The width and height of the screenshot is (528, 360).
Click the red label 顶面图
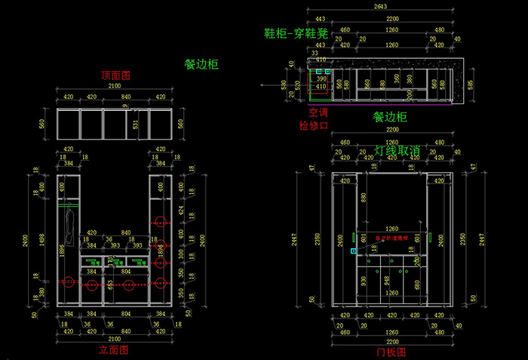pos(117,76)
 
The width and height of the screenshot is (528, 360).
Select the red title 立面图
pos(113,350)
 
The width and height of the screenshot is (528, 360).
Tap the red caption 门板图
pos(391,351)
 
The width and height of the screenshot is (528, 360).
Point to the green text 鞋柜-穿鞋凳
pos(296,33)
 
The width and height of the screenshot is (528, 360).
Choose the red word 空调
pos(309,112)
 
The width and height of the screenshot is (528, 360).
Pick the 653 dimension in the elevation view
pos(110,285)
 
